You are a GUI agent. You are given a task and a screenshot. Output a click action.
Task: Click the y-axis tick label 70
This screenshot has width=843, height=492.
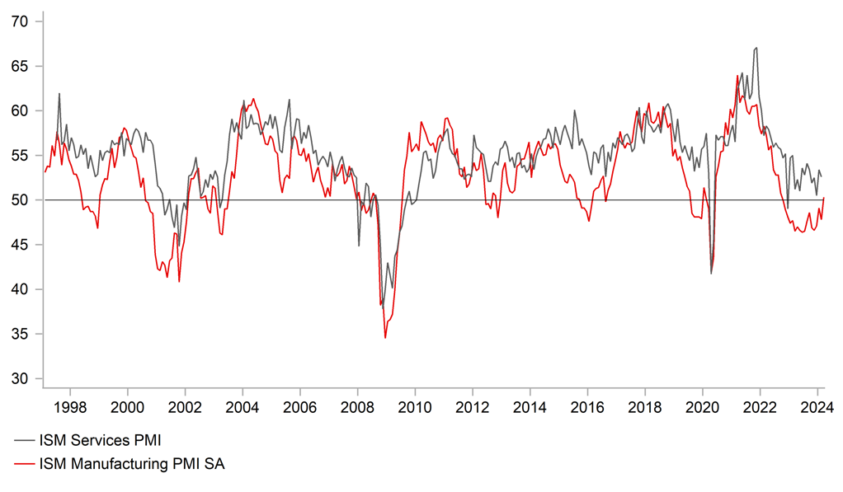point(20,21)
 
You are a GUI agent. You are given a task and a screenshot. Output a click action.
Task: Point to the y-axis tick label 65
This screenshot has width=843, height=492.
point(20,66)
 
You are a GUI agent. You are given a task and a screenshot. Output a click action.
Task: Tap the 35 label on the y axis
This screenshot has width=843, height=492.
point(20,334)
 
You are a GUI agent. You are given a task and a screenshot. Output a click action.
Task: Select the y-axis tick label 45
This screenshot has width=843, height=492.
point(20,245)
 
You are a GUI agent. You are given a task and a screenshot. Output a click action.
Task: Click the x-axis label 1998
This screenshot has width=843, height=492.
point(69,406)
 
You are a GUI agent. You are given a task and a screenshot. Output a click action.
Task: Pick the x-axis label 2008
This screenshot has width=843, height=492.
point(357,406)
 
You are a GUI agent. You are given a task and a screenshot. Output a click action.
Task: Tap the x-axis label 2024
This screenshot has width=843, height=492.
point(817,406)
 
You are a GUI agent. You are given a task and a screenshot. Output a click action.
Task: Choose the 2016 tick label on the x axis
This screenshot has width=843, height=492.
point(586,406)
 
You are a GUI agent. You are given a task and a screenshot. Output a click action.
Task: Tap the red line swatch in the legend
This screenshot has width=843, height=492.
point(24,464)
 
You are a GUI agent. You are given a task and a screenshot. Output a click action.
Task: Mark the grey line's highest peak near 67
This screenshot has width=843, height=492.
point(756,48)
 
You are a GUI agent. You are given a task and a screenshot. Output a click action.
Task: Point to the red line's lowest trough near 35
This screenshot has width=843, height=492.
point(385,337)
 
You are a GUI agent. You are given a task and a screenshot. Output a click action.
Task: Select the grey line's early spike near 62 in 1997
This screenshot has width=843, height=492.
point(59,93)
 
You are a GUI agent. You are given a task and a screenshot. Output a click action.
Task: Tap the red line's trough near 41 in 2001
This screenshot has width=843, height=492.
point(179,282)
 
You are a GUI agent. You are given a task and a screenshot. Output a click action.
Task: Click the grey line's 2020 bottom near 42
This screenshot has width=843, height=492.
point(711,273)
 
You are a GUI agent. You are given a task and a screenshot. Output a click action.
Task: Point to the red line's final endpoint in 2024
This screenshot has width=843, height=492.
point(824,198)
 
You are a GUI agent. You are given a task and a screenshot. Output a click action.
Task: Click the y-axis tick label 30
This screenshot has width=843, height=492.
point(20,378)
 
